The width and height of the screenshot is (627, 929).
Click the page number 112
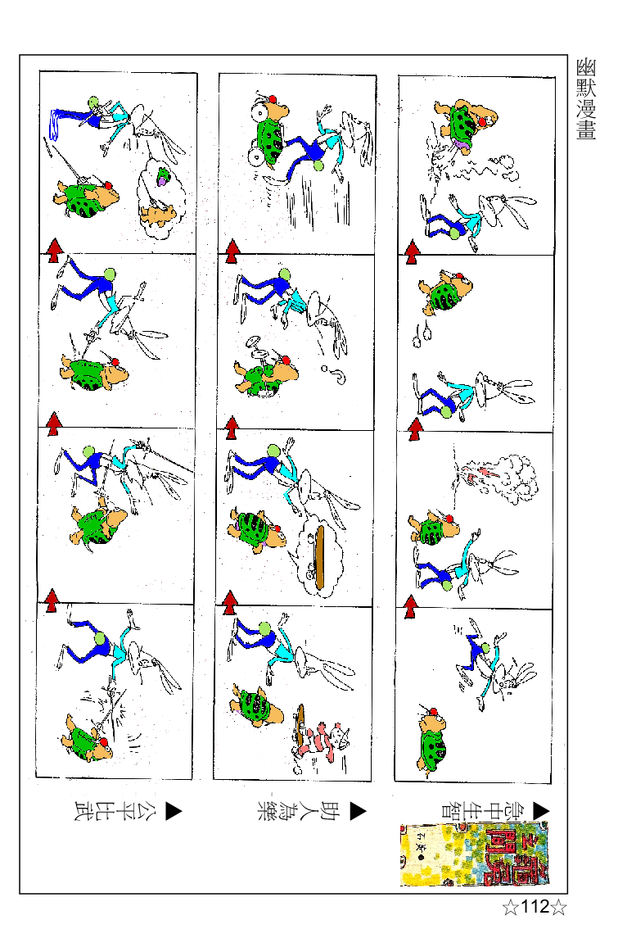click(x=534, y=907)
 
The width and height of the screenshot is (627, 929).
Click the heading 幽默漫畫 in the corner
click(x=585, y=99)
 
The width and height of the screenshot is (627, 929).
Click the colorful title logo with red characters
click(x=475, y=854)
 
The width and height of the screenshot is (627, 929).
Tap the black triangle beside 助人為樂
click(x=358, y=811)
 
